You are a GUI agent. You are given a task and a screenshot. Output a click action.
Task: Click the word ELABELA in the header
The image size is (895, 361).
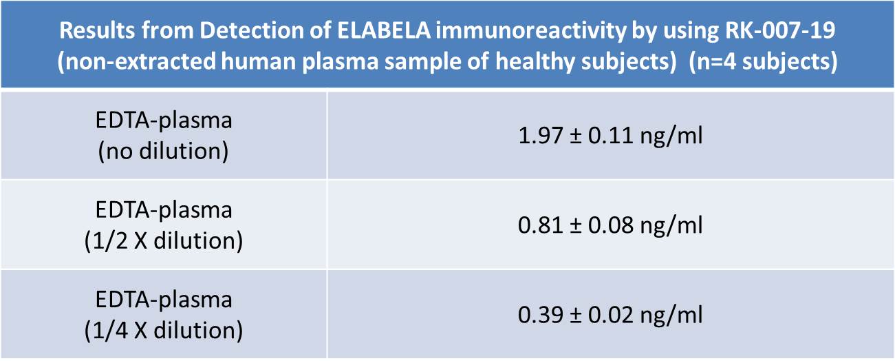click(384, 30)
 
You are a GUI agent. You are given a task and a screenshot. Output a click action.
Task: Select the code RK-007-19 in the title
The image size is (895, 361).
click(780, 30)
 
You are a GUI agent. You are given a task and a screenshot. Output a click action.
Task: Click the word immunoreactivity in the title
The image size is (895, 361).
click(530, 31)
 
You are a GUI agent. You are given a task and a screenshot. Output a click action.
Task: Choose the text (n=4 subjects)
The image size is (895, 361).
click(763, 62)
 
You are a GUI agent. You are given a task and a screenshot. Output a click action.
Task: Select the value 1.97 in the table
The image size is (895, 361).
click(540, 135)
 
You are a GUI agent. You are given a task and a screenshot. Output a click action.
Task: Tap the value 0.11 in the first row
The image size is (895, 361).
click(610, 135)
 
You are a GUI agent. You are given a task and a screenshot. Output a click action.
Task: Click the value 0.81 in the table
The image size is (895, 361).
click(540, 225)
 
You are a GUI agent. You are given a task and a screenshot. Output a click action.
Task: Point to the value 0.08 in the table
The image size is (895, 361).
click(610, 225)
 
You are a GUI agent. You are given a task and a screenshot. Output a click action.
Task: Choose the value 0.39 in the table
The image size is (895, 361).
click(540, 315)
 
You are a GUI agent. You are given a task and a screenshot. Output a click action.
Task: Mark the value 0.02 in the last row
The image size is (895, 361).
click(610, 315)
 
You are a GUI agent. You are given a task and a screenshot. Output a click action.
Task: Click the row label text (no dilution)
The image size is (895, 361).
click(164, 152)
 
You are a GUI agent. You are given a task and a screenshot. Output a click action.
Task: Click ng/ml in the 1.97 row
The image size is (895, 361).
click(671, 136)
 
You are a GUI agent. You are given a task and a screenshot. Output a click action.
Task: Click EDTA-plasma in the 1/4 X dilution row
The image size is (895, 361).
click(164, 300)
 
